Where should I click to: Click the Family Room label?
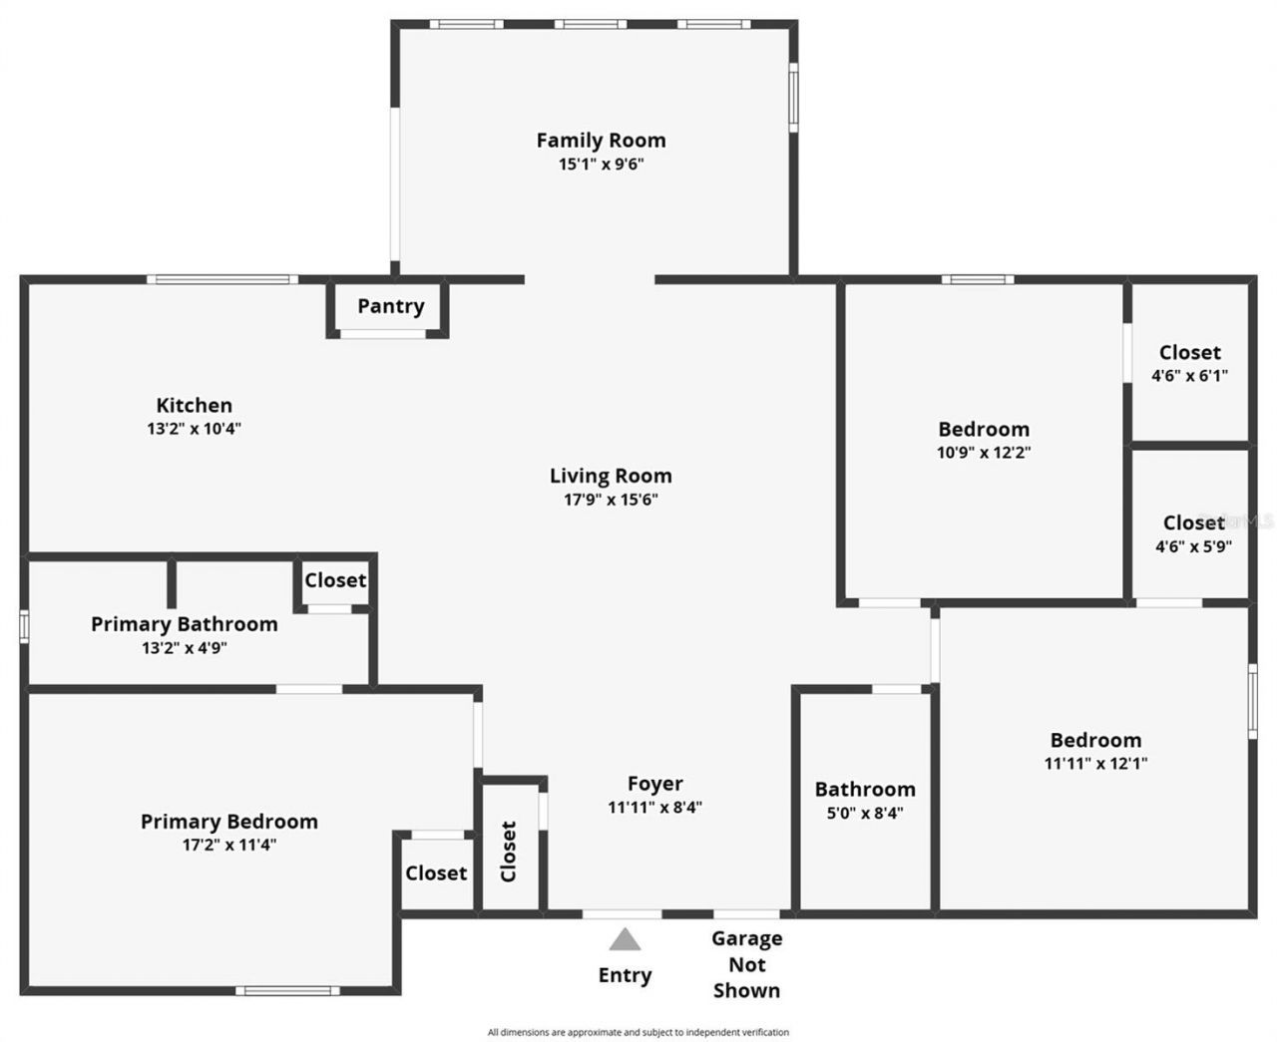[x=601, y=141]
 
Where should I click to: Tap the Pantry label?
[x=391, y=306]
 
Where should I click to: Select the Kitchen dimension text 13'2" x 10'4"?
[x=195, y=429]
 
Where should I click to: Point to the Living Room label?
[x=611, y=476]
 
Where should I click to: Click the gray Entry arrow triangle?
[x=625, y=939]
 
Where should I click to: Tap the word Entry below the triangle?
[x=625, y=975]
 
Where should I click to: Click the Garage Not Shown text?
[x=746, y=964]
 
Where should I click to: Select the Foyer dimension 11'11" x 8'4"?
[x=654, y=808]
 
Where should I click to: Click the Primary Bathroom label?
[x=185, y=624]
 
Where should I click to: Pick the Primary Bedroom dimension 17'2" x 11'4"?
[x=228, y=846]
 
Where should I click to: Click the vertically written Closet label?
[x=509, y=851]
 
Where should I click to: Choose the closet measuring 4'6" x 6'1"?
[x=1189, y=363]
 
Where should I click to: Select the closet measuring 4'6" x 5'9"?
[x=1193, y=533]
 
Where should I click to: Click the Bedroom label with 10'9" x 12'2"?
[x=984, y=430]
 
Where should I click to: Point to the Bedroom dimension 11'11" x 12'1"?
[x=1095, y=764]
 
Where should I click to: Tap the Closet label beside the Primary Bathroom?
[x=335, y=580]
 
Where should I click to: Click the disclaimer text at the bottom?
[x=638, y=1032]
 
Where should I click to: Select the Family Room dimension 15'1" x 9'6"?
[x=601, y=165]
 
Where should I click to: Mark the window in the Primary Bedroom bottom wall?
[x=287, y=990]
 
